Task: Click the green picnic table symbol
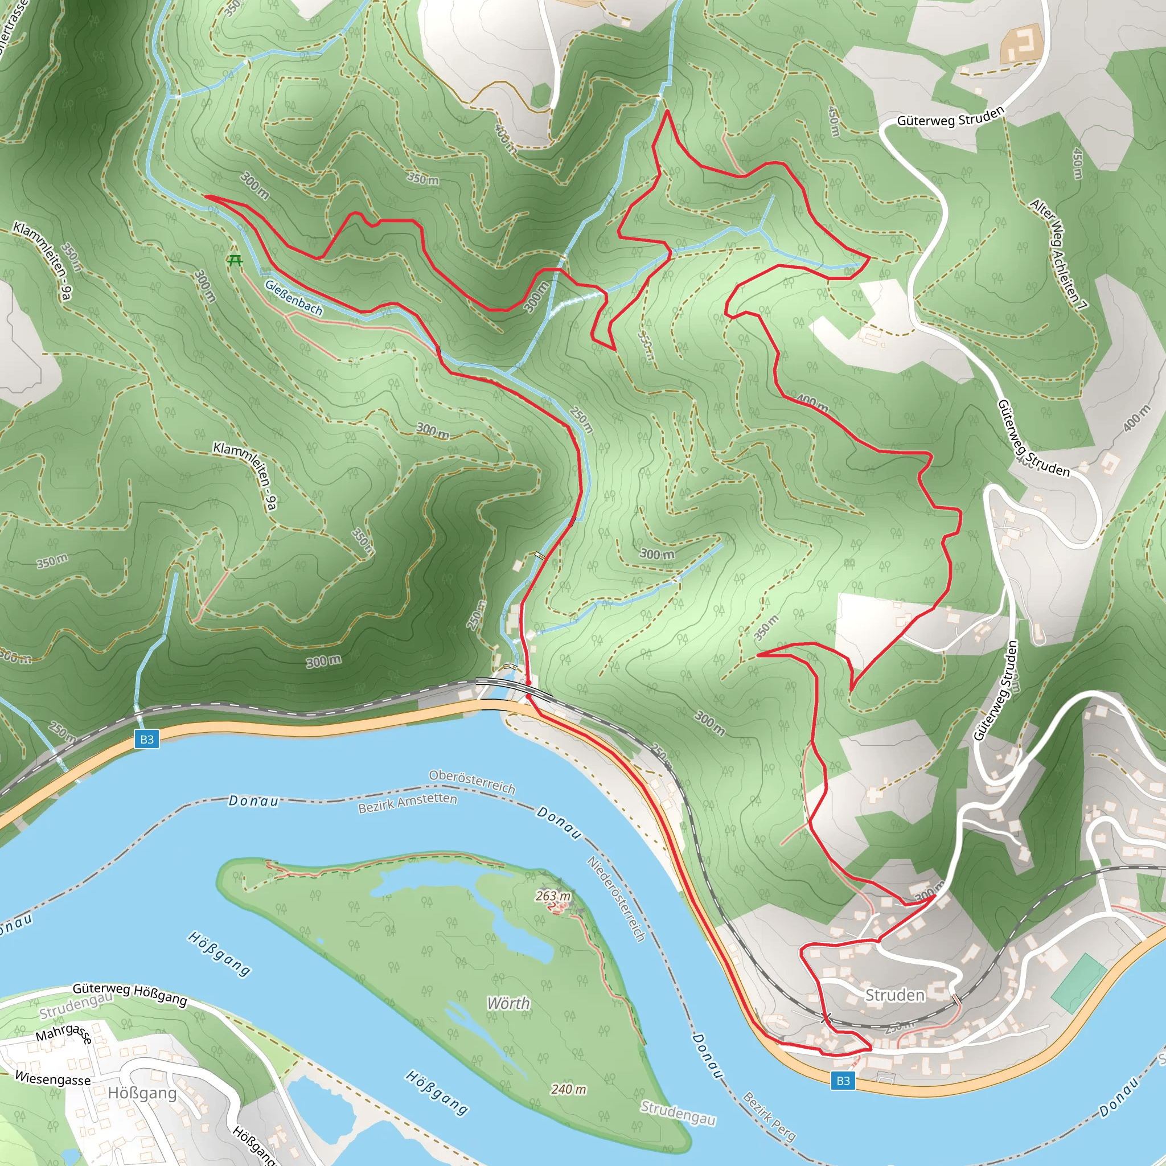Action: [x=235, y=261]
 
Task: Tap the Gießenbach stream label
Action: [x=294, y=298]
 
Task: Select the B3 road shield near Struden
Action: [x=843, y=1097]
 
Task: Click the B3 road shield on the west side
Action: [x=147, y=740]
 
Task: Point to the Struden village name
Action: [x=894, y=995]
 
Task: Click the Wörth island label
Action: [x=508, y=1003]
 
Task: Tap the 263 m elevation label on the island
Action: [x=552, y=896]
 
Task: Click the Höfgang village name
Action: [x=142, y=1093]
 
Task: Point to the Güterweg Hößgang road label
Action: [x=130, y=993]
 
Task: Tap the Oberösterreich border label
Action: [x=472, y=782]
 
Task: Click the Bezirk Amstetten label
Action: [x=408, y=803]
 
